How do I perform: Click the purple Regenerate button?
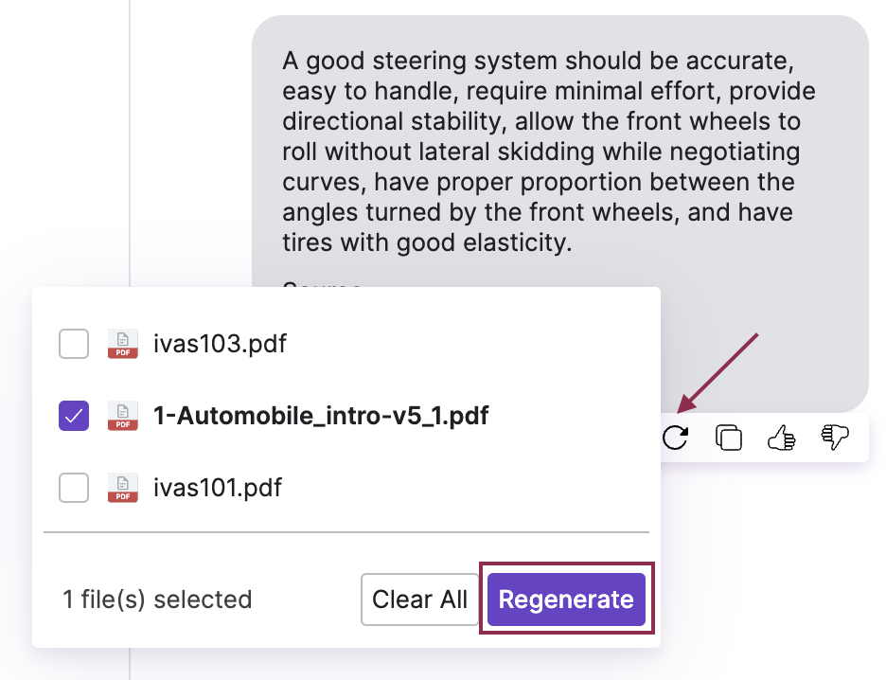(566, 599)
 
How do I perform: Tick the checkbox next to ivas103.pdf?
(74, 344)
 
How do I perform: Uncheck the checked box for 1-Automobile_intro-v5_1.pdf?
(74, 416)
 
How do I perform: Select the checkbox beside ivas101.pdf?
(74, 488)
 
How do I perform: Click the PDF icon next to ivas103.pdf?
(122, 344)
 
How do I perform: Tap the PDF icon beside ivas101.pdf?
(122, 488)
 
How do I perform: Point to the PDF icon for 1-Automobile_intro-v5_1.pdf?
(122, 416)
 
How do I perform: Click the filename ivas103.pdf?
(220, 344)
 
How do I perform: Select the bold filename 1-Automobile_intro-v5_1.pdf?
(321, 416)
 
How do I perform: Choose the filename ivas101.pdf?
(218, 488)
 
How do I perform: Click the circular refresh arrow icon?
(675, 438)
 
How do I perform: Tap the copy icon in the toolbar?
(728, 438)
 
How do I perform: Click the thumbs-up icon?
(781, 438)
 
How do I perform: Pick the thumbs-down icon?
(835, 438)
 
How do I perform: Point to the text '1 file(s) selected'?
(157, 599)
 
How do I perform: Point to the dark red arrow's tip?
(679, 412)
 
